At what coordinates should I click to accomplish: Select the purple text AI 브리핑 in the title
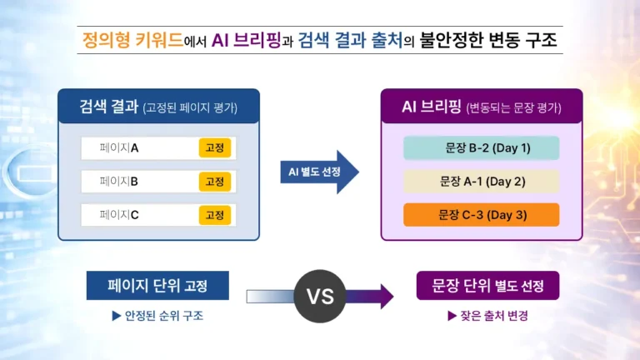(252, 40)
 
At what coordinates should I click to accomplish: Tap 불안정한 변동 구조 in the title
(487, 40)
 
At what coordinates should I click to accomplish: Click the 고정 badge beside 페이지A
(214, 148)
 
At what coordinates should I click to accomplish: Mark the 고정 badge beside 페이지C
(214, 215)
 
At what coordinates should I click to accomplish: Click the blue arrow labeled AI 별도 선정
(318, 172)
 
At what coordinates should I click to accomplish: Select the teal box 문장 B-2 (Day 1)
(481, 148)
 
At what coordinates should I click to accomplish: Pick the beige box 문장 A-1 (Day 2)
(481, 182)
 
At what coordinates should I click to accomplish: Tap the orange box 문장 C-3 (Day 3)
(481, 215)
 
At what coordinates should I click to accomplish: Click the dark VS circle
(320, 295)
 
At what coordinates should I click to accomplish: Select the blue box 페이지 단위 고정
(157, 286)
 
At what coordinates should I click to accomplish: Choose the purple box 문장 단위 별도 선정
(487, 286)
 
